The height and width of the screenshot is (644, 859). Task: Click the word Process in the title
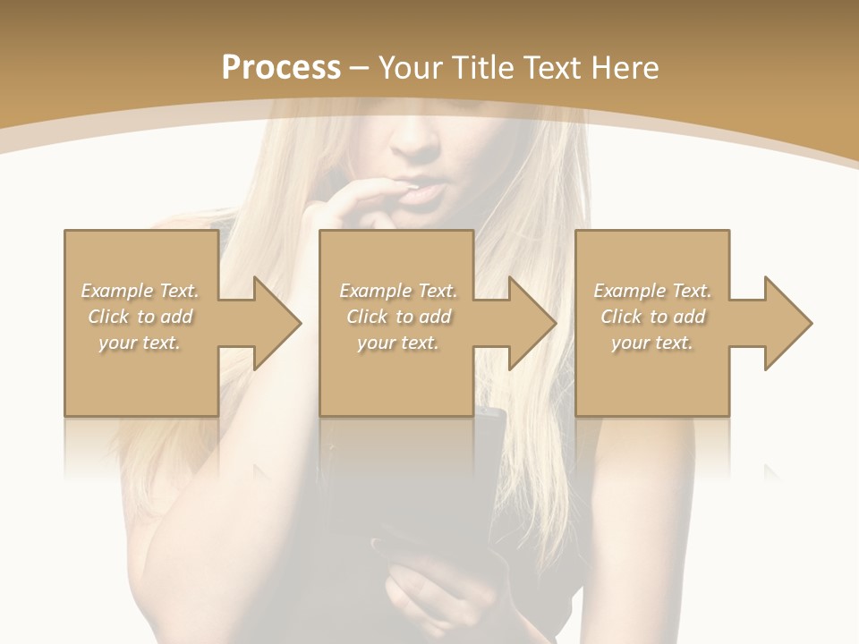[281, 68]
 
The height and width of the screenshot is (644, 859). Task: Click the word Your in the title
[412, 68]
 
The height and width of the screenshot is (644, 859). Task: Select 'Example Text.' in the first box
[140, 291]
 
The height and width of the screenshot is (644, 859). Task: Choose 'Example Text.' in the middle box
[398, 291]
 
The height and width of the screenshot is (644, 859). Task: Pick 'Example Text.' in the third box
[652, 291]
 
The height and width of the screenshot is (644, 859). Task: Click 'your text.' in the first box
[140, 343]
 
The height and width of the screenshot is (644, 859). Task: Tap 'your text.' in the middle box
[398, 343]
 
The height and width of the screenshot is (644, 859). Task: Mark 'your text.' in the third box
[652, 343]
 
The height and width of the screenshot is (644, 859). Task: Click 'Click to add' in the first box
[140, 317]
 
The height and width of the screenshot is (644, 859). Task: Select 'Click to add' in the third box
[652, 317]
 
